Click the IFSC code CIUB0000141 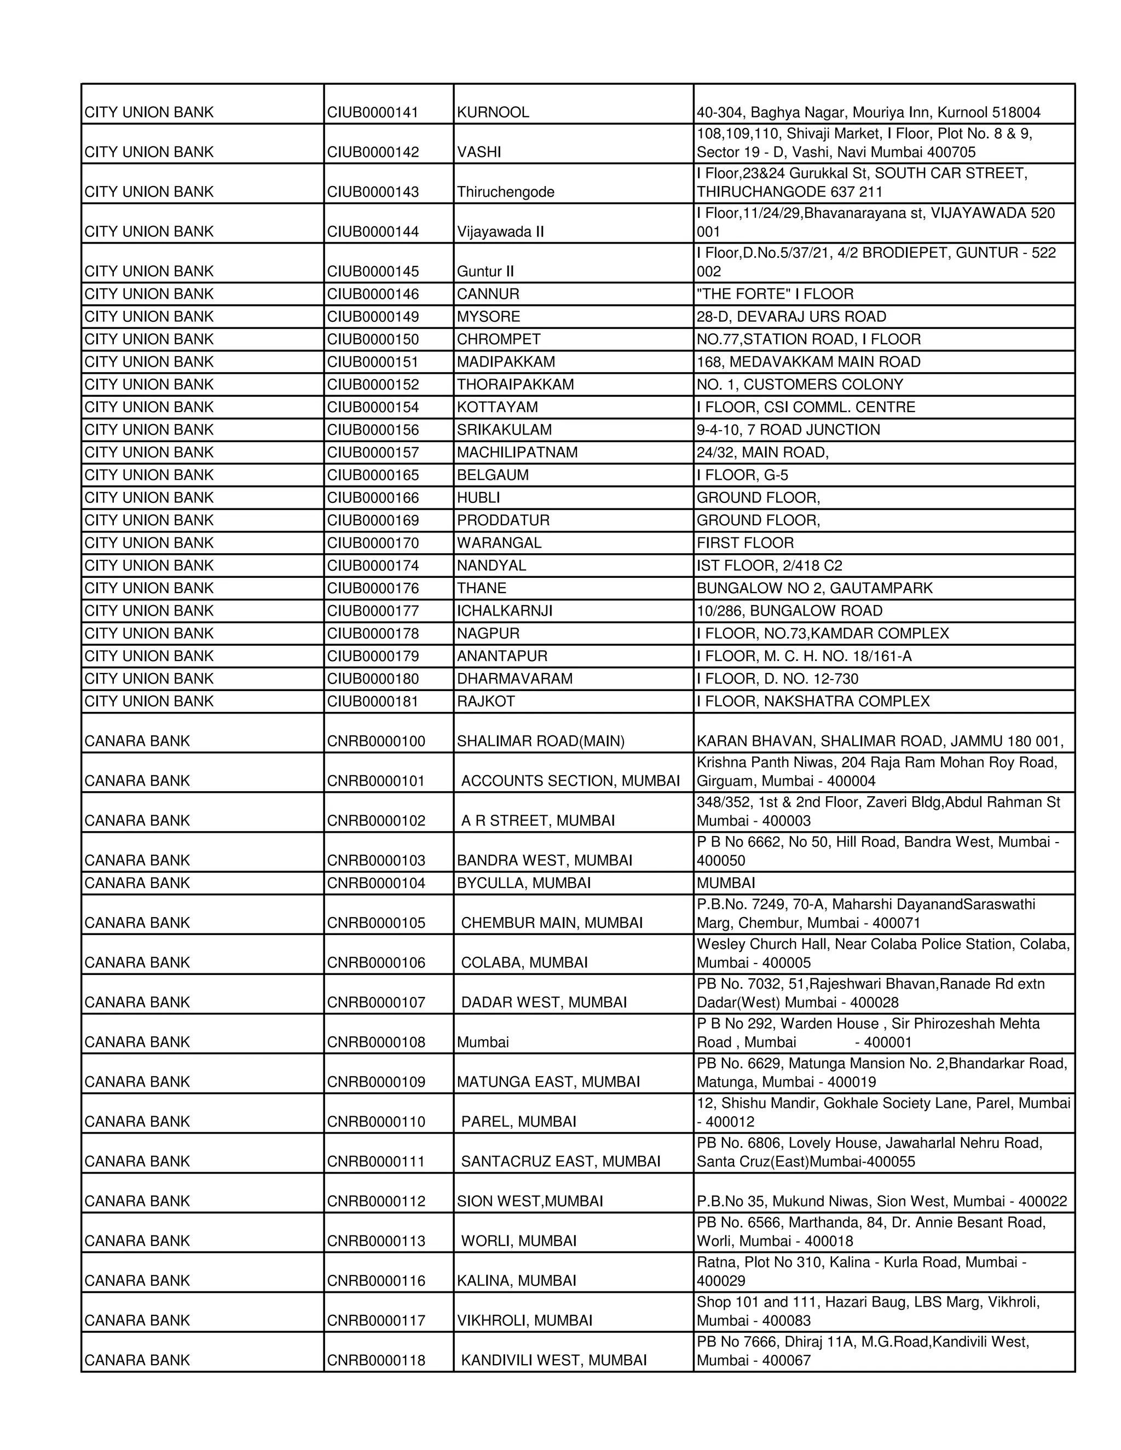click(373, 112)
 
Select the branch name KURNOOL click(493, 112)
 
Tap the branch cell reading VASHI click(479, 152)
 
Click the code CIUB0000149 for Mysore click(373, 317)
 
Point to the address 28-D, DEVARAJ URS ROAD click(791, 317)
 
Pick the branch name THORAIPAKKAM click(515, 385)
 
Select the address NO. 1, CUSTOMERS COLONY click(800, 385)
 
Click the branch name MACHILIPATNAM click(517, 452)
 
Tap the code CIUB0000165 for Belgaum click(373, 475)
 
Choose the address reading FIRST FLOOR click(745, 542)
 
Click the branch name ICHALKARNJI click(504, 610)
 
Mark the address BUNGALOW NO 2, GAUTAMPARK click(814, 588)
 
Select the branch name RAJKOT click(486, 701)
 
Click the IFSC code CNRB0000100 click(376, 741)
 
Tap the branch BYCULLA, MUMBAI click(523, 883)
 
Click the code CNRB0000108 click(376, 1042)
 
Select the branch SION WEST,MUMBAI click(529, 1201)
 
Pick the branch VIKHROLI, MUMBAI click(524, 1320)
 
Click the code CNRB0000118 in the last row click(376, 1360)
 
